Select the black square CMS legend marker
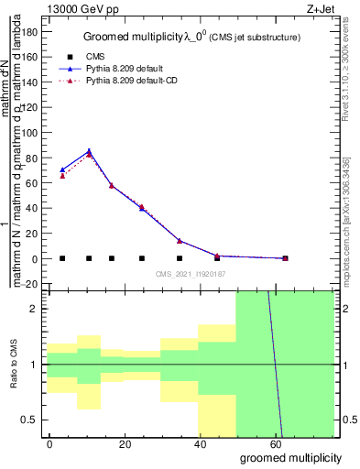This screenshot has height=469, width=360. click(x=65, y=57)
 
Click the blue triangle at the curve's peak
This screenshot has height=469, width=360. click(x=89, y=151)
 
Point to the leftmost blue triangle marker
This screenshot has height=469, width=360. click(x=62, y=169)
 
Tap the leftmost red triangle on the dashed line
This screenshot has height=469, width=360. click(x=62, y=175)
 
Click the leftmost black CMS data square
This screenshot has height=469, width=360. click(x=62, y=258)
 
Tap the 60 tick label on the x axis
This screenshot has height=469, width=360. click(x=275, y=442)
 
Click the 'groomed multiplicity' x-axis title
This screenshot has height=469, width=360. click(x=290, y=457)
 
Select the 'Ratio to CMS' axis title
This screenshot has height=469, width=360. click(x=14, y=365)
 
